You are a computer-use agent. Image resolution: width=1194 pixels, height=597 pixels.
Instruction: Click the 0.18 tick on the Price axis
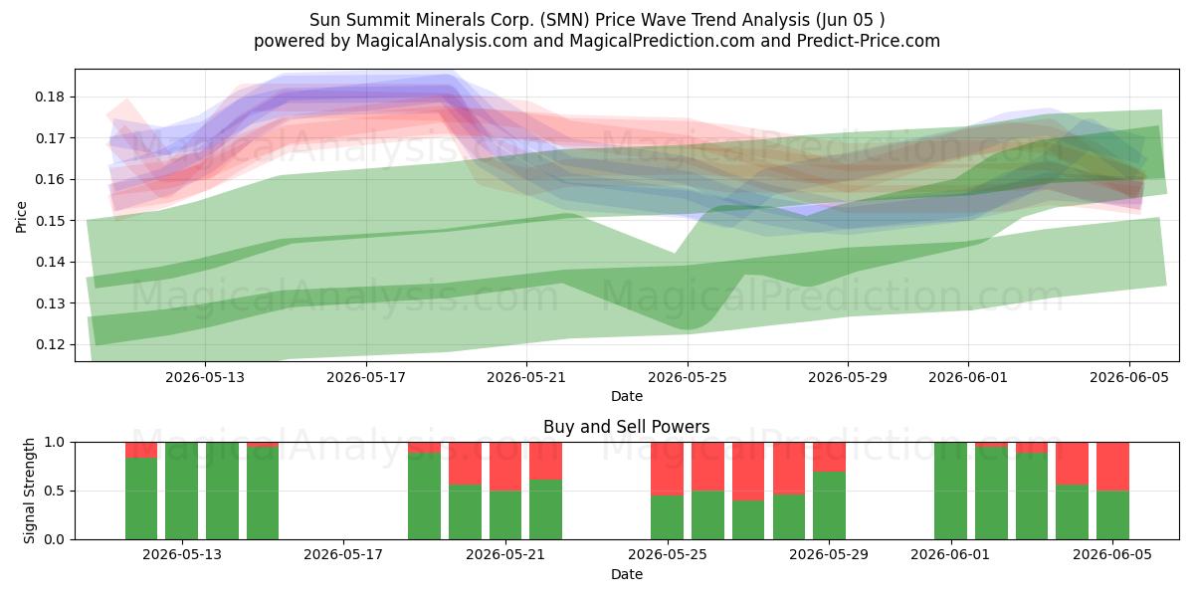click(50, 98)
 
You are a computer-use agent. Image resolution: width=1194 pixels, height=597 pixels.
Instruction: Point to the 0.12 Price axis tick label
click(50, 345)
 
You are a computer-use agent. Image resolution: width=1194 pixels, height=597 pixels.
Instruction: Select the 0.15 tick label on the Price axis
click(50, 221)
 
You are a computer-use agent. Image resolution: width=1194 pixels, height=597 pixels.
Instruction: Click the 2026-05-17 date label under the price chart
click(366, 377)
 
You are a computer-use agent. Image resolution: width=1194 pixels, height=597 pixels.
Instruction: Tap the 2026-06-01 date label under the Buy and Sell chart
click(950, 555)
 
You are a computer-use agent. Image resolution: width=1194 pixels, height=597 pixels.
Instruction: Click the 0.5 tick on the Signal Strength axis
click(55, 491)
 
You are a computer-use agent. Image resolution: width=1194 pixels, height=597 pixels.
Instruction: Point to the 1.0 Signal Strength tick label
click(55, 443)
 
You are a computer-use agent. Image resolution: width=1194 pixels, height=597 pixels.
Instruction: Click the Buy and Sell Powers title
click(626, 427)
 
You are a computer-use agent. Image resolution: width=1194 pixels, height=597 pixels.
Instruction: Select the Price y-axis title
click(21, 217)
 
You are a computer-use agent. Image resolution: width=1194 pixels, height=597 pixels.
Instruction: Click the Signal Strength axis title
click(29, 491)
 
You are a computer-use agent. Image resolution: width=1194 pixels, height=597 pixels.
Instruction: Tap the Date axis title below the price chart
click(627, 396)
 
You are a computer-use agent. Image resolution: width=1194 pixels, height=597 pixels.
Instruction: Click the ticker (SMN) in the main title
click(564, 20)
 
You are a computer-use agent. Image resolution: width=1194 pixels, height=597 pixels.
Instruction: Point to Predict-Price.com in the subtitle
click(869, 41)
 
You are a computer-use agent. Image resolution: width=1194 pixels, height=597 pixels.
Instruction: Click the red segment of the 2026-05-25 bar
click(667, 469)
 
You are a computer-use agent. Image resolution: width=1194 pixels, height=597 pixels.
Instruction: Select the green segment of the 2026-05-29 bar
click(829, 505)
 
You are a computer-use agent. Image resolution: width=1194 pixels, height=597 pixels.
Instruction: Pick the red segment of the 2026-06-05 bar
click(1112, 467)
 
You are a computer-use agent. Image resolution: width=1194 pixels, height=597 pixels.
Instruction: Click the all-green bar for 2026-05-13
click(181, 491)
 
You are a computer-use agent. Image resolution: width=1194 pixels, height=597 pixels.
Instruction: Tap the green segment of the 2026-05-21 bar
click(505, 515)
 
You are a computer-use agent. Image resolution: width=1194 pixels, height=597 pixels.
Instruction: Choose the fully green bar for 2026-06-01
click(950, 491)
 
